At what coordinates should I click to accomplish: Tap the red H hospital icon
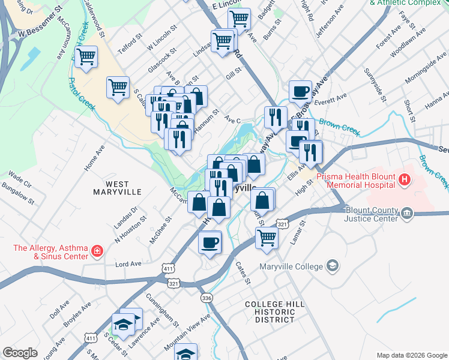405,179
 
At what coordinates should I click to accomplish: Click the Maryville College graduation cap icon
333,266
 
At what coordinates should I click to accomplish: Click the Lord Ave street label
128,263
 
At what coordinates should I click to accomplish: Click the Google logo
20,353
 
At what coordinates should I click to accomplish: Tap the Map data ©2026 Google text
411,355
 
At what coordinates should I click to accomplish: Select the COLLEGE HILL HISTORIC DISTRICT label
270,312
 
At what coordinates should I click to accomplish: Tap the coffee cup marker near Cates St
210,242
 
